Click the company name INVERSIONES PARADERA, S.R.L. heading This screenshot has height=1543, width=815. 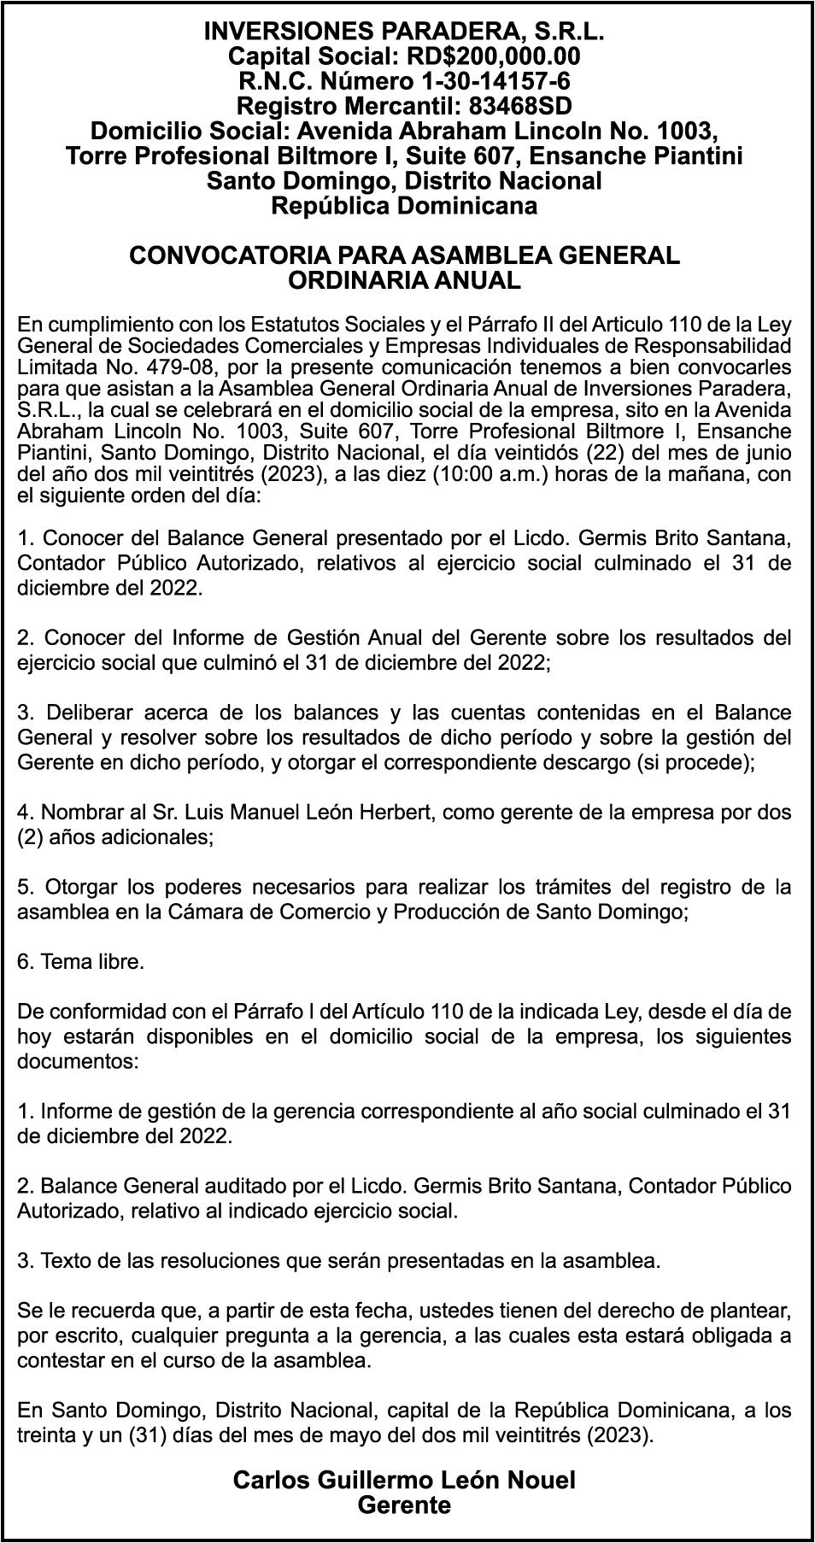pos(404,32)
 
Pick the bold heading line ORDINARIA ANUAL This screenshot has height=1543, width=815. pos(404,280)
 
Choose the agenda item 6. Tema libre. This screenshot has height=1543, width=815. pos(80,962)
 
